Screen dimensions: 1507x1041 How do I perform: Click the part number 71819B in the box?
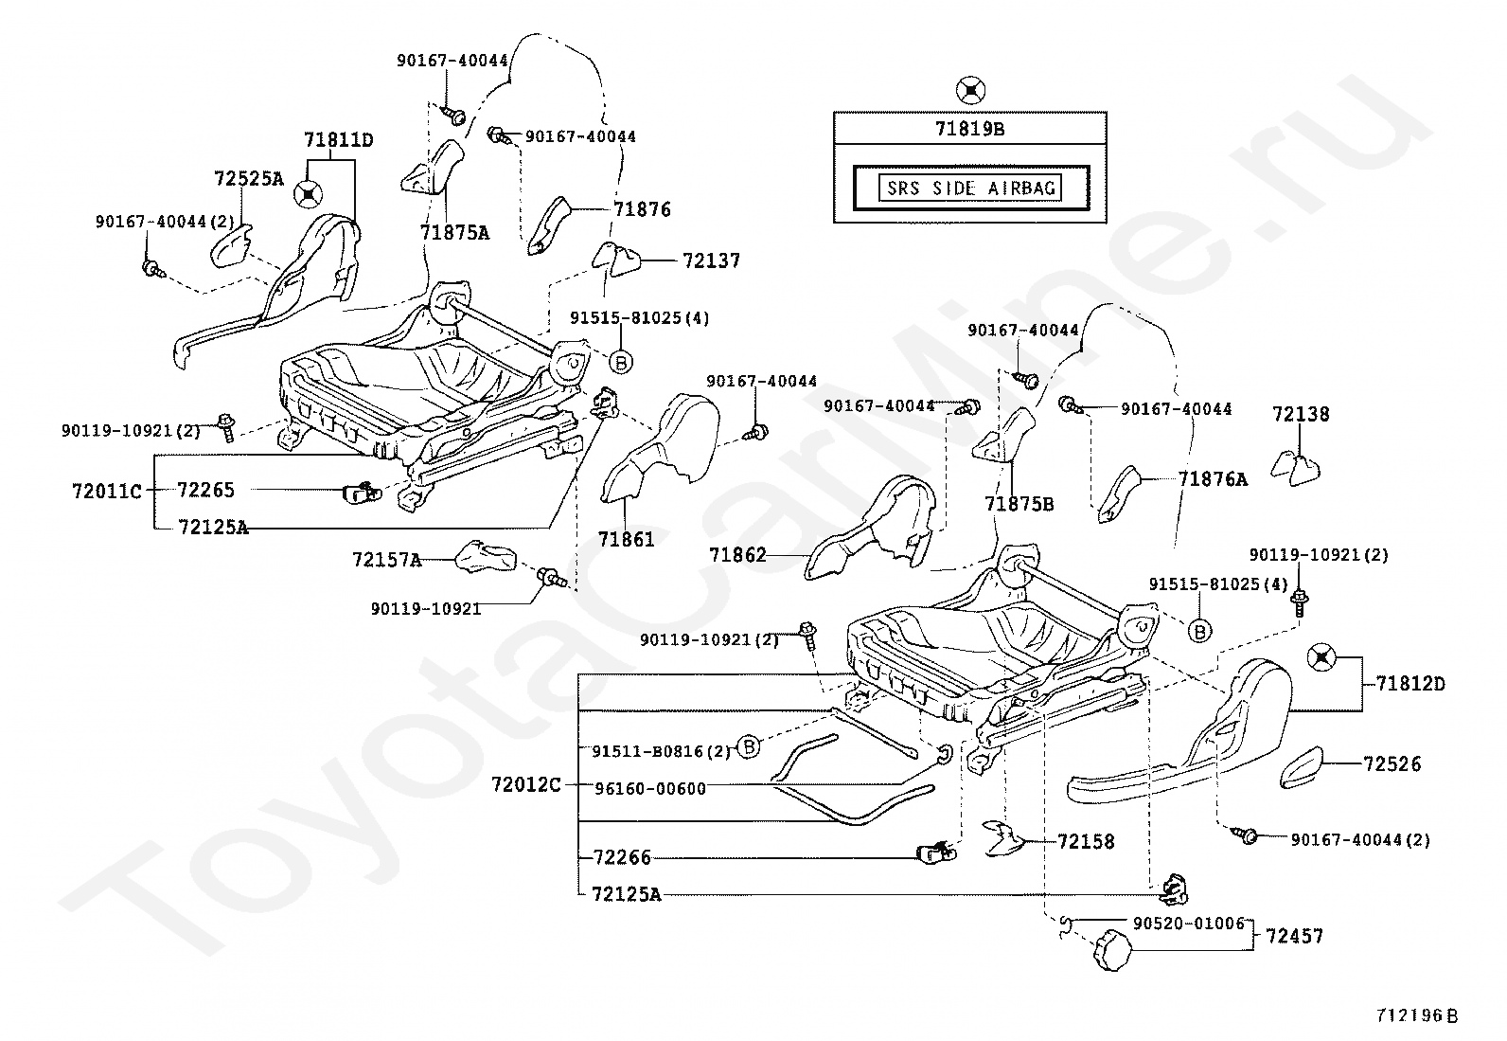coord(969,129)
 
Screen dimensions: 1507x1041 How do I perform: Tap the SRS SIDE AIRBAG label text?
coord(971,188)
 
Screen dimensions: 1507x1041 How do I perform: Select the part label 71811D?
coord(338,140)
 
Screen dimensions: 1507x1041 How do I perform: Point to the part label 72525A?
coord(249,178)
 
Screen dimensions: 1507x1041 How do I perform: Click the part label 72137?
coord(711,260)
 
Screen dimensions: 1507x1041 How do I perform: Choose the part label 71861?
coord(627,539)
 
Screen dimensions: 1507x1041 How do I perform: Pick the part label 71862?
coord(738,555)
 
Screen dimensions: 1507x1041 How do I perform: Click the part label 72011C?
coord(107,492)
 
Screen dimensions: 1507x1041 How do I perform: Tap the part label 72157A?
coord(387,560)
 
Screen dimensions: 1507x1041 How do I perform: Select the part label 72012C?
coord(526,784)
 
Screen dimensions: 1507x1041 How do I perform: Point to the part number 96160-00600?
coord(650,788)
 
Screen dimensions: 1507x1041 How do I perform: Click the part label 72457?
coord(1294,936)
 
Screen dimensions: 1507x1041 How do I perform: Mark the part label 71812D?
coord(1410,684)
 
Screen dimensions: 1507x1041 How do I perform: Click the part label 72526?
coord(1392,763)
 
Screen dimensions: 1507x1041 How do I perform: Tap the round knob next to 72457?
coord(1112,950)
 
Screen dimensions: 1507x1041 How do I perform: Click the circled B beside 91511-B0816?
coord(749,746)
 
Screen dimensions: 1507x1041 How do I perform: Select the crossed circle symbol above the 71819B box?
coord(971,90)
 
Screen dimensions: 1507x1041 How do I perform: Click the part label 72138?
coord(1301,413)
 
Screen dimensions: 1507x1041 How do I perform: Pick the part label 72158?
coord(1086,842)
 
